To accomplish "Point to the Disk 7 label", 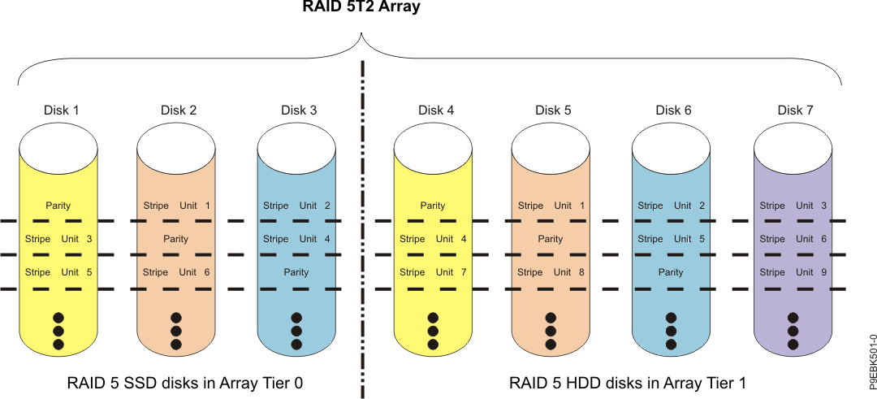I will [794, 111].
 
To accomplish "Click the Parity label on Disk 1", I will [58, 206].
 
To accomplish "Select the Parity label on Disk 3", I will [296, 272].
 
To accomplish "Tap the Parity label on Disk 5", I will [551, 239].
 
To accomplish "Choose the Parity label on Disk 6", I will [671, 272].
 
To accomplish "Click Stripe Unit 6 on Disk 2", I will [176, 272].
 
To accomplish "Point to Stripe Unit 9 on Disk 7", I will [793, 272].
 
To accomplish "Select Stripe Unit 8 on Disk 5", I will [551, 272].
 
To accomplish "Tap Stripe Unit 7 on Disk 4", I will [433, 272].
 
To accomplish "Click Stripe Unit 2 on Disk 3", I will [296, 206].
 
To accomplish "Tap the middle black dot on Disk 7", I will [793, 332].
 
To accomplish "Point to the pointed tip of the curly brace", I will [361, 34].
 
